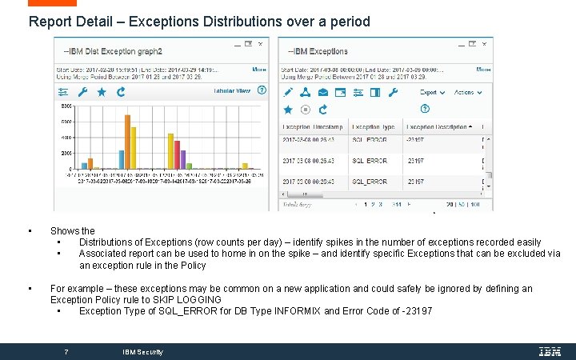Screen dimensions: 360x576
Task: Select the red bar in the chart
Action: (x=176, y=147)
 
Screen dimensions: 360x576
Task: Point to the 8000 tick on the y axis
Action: (x=66, y=106)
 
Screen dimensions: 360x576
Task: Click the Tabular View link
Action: (x=232, y=91)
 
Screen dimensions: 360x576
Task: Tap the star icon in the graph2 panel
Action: (x=102, y=92)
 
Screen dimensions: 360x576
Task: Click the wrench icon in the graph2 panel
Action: (x=82, y=92)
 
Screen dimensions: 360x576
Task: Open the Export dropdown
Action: (x=431, y=93)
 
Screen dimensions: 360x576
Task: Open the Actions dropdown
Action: (x=465, y=93)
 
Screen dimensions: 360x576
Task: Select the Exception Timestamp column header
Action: (x=312, y=126)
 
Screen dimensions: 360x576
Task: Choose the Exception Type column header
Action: (x=374, y=126)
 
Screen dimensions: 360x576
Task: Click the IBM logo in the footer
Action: (x=549, y=351)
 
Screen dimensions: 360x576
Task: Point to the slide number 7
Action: (x=66, y=351)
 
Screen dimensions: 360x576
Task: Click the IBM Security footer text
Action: (x=142, y=352)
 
